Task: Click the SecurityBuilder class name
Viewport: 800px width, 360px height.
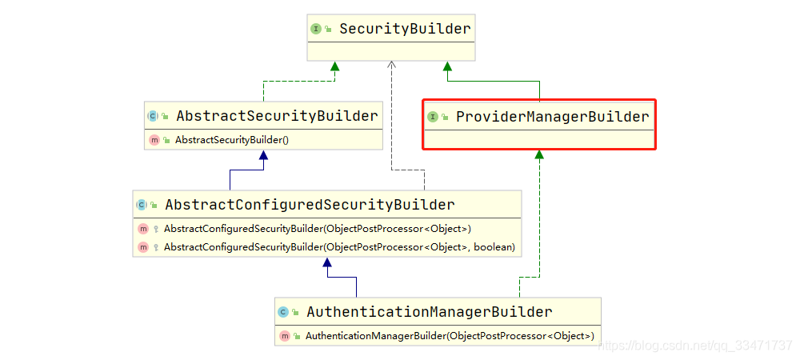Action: [x=405, y=29]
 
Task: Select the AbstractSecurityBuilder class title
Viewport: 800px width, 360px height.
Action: [x=277, y=116]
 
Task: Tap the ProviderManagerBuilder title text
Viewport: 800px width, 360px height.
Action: [x=553, y=118]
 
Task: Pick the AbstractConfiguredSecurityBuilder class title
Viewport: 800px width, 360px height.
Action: [x=310, y=205]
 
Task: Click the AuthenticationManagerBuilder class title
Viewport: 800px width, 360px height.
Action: [x=430, y=311]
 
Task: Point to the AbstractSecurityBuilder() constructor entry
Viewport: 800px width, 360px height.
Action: [x=232, y=140]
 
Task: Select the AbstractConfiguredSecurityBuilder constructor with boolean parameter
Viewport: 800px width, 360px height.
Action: [x=339, y=247]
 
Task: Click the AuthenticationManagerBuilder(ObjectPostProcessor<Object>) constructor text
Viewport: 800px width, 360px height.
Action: [x=450, y=336]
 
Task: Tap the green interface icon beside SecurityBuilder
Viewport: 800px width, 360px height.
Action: [x=316, y=29]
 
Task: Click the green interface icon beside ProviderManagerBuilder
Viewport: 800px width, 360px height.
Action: [x=432, y=118]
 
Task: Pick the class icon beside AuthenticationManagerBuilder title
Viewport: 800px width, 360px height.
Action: [x=283, y=312]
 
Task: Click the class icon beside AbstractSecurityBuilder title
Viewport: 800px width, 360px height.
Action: [x=153, y=116]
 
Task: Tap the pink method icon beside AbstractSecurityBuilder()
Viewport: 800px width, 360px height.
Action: [x=154, y=140]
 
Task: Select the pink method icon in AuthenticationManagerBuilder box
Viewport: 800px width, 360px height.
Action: [x=284, y=336]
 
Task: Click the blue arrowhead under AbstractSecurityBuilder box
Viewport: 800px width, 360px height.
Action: [x=263, y=155]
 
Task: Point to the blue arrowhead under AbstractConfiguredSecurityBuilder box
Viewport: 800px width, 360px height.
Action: [x=327, y=262]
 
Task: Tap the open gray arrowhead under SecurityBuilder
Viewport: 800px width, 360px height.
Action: [x=391, y=65]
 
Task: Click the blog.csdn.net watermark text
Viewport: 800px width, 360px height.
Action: [x=694, y=346]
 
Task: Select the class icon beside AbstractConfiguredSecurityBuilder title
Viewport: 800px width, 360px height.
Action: [x=142, y=205]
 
